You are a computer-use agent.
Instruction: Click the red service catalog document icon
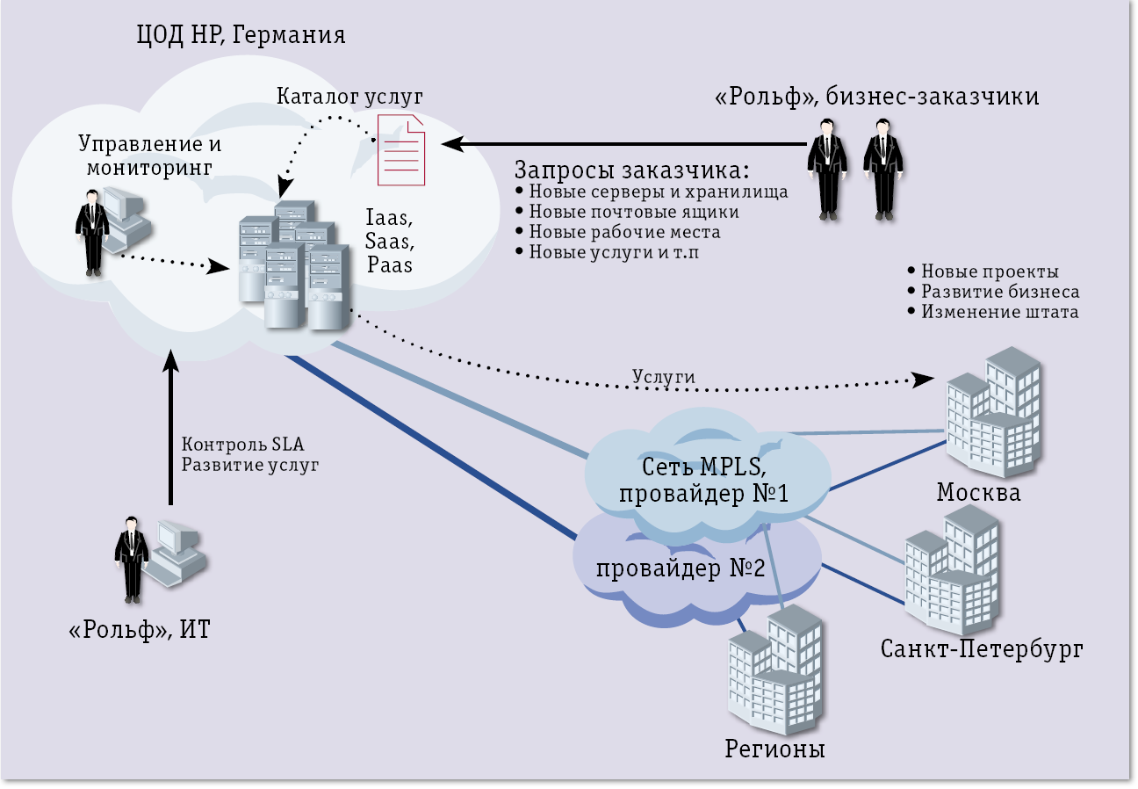click(x=401, y=148)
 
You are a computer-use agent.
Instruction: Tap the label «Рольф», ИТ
click(x=140, y=629)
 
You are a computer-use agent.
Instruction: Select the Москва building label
click(x=978, y=491)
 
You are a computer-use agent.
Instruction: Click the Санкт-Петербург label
click(x=982, y=649)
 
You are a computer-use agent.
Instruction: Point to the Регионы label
click(x=775, y=749)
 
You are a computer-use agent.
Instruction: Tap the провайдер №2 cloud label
click(x=681, y=568)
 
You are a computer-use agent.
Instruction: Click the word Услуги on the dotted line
click(x=664, y=376)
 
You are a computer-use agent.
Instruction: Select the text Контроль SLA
click(x=242, y=443)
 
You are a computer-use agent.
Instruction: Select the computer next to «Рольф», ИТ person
click(x=175, y=551)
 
